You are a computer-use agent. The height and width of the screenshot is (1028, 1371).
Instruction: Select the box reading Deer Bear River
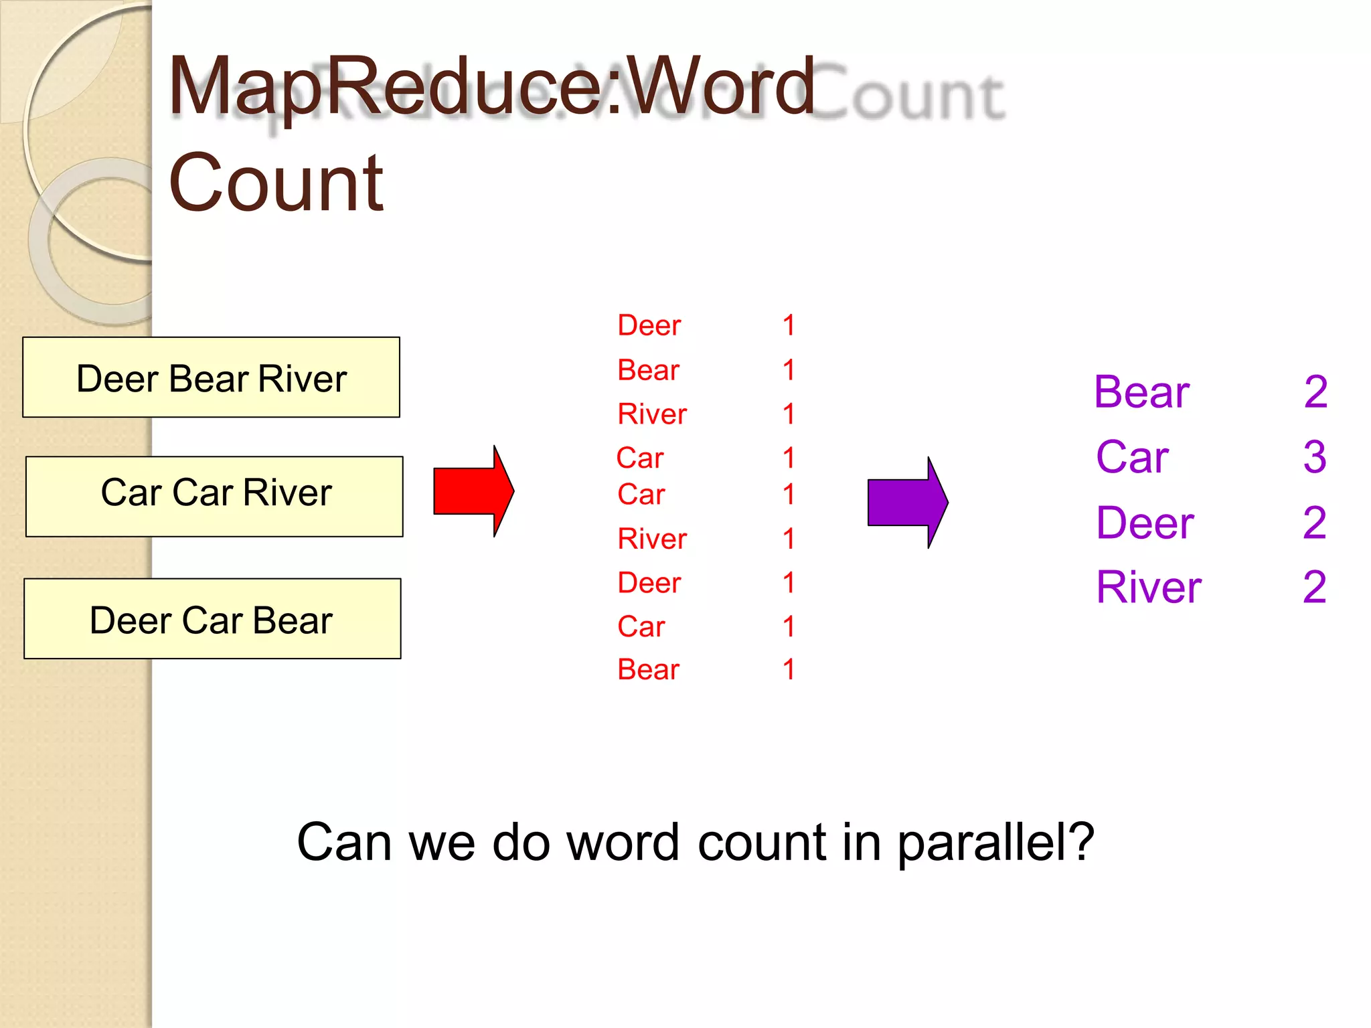click(211, 377)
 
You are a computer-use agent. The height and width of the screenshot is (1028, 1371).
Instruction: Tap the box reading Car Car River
click(214, 497)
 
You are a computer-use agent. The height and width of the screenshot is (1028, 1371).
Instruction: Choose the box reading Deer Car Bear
click(212, 618)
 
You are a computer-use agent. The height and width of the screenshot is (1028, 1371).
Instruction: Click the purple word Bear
click(1141, 392)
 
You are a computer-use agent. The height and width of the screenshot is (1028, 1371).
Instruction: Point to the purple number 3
click(1315, 457)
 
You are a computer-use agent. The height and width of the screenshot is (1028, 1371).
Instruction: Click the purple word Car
click(1132, 457)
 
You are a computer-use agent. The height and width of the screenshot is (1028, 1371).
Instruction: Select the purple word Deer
click(1145, 523)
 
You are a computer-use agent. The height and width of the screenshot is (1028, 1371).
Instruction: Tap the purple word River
click(1149, 588)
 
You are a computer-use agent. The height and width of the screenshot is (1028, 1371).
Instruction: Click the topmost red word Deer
click(649, 325)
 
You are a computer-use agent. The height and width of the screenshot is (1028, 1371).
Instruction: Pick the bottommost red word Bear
click(648, 669)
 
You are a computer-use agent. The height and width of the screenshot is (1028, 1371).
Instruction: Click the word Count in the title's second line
click(276, 183)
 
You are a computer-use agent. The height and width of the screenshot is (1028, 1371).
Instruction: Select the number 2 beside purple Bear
click(1315, 392)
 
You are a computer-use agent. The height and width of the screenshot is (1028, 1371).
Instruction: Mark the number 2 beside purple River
click(1315, 588)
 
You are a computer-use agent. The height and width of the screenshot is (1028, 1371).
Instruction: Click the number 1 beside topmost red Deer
click(789, 325)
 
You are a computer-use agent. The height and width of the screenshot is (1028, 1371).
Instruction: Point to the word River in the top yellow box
click(303, 379)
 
